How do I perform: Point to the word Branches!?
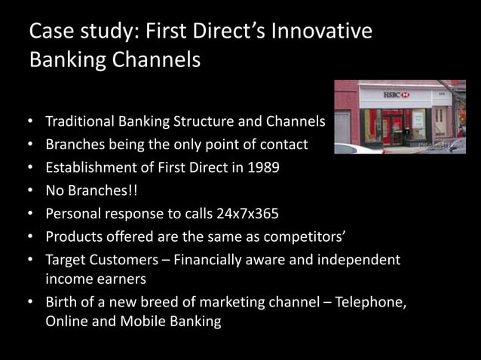coord(104,191)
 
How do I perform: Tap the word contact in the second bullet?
coord(283,144)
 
